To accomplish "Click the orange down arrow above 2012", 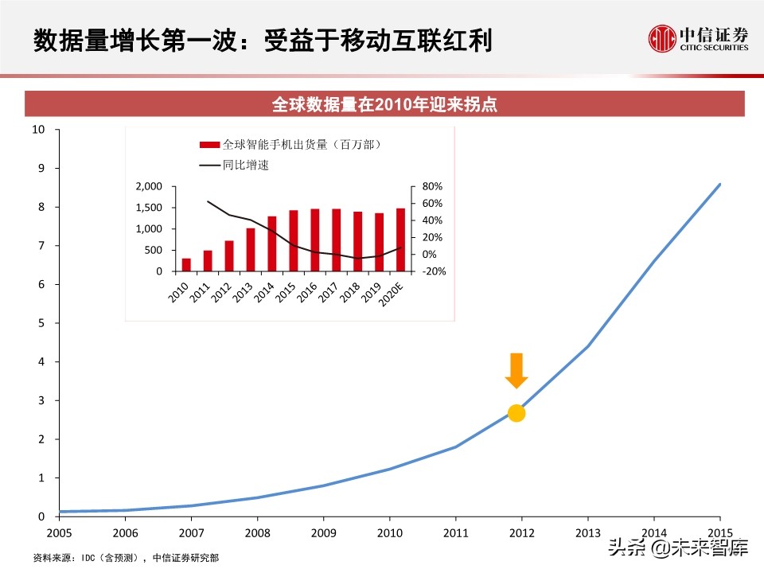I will tap(516, 370).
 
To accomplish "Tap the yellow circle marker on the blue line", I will tap(516, 412).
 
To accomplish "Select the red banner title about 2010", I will tap(384, 104).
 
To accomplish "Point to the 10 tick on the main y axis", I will tap(37, 129).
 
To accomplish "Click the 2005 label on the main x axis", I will tap(59, 532).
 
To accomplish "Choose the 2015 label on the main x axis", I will tap(719, 532).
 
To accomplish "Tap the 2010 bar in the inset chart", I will tap(186, 264).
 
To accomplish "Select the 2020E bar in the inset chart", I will tap(400, 240).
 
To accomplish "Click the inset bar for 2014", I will tap(272, 244).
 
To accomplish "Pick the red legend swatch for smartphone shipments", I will tap(209, 145).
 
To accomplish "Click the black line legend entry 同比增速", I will tap(231, 166).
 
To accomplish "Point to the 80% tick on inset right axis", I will tap(432, 186).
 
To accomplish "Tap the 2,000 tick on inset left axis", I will tap(149, 186).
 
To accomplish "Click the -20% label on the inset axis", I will tap(434, 271).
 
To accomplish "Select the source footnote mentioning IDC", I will tap(126, 558).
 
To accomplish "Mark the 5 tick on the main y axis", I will tap(41, 323).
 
